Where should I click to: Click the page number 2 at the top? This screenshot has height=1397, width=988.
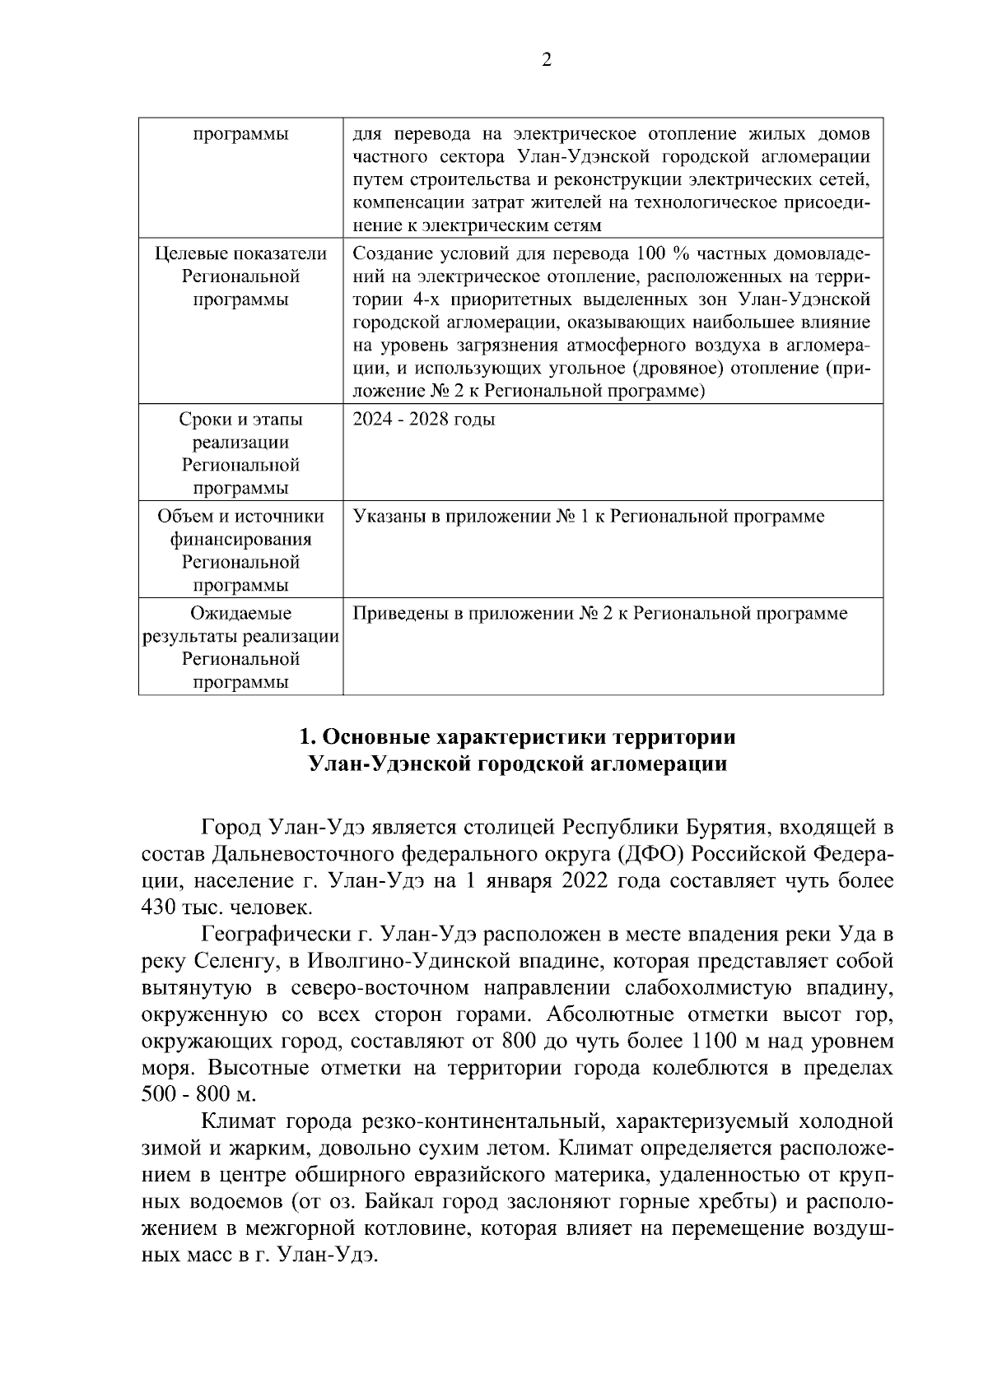tap(546, 59)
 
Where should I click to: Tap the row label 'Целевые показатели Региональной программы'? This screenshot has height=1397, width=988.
tap(240, 276)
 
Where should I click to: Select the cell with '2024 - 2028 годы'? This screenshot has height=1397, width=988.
tap(424, 420)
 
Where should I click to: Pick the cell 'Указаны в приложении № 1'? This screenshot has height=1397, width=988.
tap(588, 517)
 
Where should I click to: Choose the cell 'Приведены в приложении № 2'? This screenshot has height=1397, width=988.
tap(599, 614)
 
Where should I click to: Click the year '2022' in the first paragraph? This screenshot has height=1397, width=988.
tap(585, 880)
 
